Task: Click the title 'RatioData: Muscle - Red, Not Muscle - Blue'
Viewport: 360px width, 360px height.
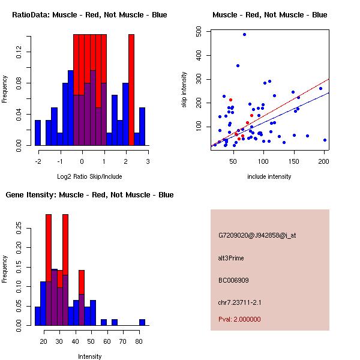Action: [x=89, y=15]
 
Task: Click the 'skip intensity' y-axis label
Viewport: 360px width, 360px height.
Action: [x=184, y=90]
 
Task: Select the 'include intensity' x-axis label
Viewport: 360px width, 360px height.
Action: [x=269, y=176]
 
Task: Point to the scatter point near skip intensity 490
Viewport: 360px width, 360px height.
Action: [x=244, y=34]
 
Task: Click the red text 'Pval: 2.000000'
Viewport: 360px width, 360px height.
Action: [x=239, y=319]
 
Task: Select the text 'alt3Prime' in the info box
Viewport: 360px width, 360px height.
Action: [x=231, y=258]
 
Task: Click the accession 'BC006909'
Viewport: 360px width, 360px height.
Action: [x=233, y=280]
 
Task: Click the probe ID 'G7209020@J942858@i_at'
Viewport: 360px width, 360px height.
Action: [x=257, y=235]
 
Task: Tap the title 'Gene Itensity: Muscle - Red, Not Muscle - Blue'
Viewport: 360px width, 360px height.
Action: [x=89, y=195]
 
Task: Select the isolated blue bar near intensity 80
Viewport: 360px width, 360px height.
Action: [x=142, y=322]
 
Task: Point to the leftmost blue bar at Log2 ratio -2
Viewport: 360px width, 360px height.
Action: [x=38, y=133]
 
